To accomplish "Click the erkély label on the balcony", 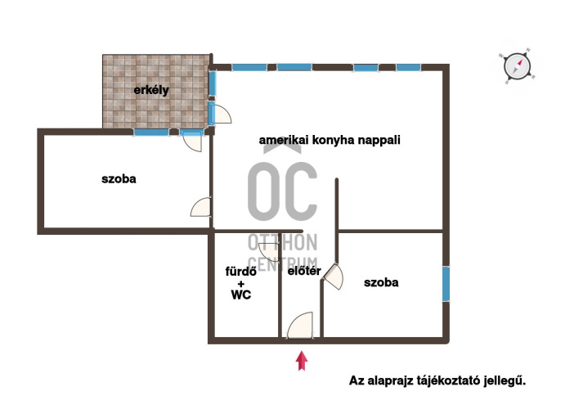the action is [x=151, y=90].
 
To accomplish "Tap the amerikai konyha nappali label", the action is [x=330, y=140].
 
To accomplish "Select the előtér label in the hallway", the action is [x=304, y=271].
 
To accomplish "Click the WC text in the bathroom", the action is [x=240, y=294].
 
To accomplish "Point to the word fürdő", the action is [x=240, y=271].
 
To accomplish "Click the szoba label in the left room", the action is [x=119, y=179].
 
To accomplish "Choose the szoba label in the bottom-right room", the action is [x=381, y=282].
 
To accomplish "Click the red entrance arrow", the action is [x=302, y=362].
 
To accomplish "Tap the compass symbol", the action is [x=517, y=66].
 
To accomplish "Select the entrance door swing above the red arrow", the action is [x=300, y=326].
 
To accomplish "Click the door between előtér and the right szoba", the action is [x=334, y=276].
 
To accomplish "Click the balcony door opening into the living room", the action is [x=220, y=114].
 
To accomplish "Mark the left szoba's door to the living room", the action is [x=200, y=207].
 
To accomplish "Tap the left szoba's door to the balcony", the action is [x=192, y=141].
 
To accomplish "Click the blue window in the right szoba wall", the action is [x=446, y=284].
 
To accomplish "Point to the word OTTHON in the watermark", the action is [x=283, y=242].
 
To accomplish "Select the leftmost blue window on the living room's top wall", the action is [x=249, y=67].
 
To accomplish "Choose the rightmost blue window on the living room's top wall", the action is [x=408, y=67].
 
